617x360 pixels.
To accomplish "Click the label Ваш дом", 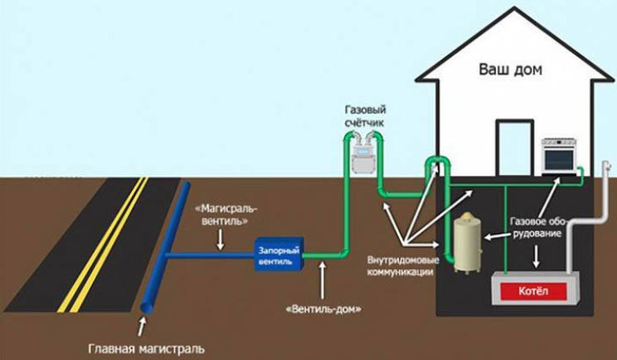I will pos(509,70).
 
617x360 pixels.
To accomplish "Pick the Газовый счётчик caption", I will pos(366,117).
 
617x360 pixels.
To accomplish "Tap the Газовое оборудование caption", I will pos(538,229).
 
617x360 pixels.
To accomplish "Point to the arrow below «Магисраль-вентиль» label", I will pos(220,240).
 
